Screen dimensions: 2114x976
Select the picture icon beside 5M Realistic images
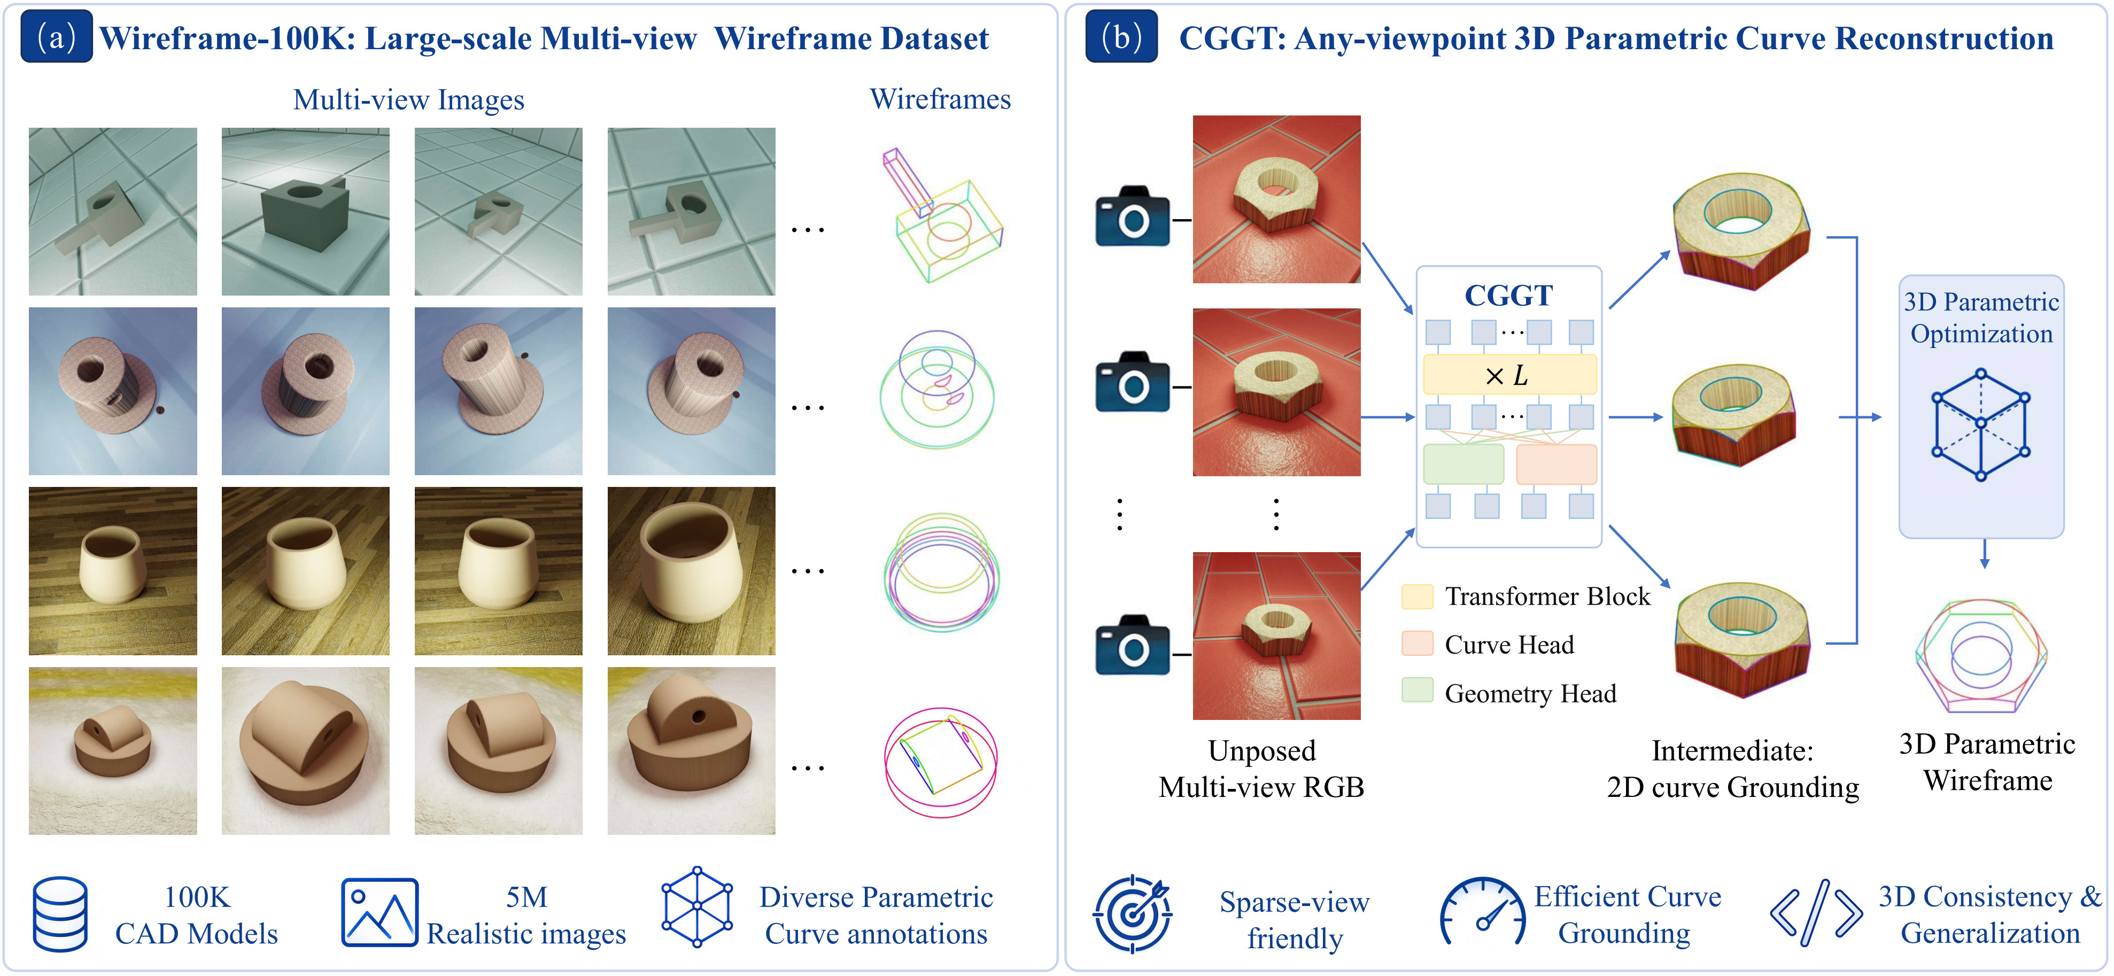click(379, 913)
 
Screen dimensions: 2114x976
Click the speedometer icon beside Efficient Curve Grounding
click(1482, 913)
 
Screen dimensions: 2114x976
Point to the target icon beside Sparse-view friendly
click(1133, 913)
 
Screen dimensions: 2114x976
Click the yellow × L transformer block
click(1509, 375)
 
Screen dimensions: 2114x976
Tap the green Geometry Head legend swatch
click(1418, 691)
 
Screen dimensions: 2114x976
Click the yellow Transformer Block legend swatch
click(1418, 596)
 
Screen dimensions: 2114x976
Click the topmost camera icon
click(1133, 216)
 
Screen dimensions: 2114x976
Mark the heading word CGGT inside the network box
click(1508, 296)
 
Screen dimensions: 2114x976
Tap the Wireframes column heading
click(940, 99)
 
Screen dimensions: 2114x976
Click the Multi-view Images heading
click(409, 100)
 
